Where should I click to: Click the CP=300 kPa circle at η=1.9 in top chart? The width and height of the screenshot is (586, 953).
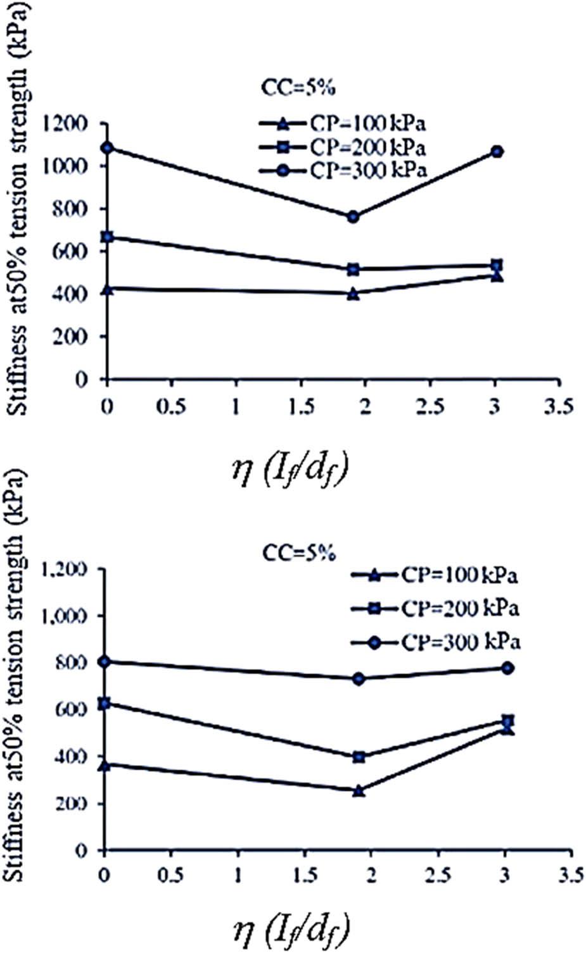pos(354,217)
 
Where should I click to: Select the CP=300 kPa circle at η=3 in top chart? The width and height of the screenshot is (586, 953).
pos(498,152)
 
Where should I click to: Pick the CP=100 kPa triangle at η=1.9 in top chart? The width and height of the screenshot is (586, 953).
pos(354,294)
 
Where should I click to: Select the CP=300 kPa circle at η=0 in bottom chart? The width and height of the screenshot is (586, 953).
pos(105,661)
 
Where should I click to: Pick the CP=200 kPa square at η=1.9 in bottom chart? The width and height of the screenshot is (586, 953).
pos(359,757)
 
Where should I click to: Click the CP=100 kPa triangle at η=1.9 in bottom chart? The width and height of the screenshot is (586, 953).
pos(359,791)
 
